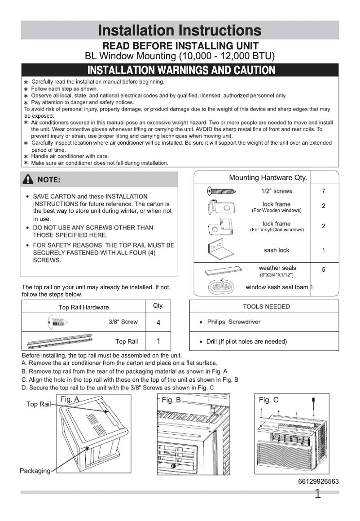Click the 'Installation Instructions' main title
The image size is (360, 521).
click(x=180, y=31)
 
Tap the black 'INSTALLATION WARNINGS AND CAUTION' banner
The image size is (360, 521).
click(x=180, y=70)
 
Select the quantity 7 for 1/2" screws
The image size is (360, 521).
click(x=324, y=191)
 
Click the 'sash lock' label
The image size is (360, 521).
click(x=277, y=250)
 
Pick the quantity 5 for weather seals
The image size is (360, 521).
click(x=324, y=269)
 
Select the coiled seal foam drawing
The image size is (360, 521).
click(x=220, y=287)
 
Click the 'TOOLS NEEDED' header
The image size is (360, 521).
click(x=266, y=306)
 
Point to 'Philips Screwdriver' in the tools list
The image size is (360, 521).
click(x=233, y=322)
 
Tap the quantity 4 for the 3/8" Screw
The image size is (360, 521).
click(x=158, y=323)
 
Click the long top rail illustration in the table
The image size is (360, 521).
click(x=60, y=341)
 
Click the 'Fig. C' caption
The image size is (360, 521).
click(x=268, y=400)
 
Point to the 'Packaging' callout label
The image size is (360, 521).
click(x=35, y=471)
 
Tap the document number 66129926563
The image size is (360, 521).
click(x=318, y=481)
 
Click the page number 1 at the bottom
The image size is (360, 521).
click(x=318, y=495)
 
